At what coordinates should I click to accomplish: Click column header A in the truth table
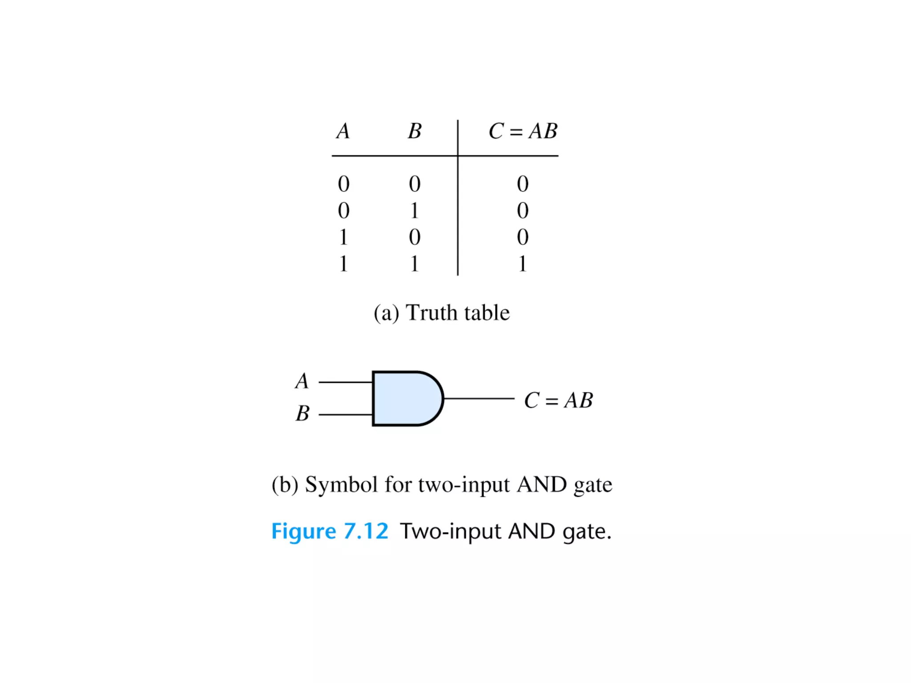point(343,131)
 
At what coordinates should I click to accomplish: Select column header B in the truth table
point(415,131)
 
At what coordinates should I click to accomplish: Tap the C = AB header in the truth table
point(523,131)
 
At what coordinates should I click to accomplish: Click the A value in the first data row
point(343,184)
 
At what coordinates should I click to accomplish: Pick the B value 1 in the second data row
point(415,210)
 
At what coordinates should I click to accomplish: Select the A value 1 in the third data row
point(343,237)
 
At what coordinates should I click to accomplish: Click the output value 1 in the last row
point(523,264)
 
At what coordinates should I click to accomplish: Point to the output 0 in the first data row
point(523,184)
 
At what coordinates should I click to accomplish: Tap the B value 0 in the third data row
point(415,237)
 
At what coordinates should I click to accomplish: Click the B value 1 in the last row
point(415,264)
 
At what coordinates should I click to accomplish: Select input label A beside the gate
point(302,381)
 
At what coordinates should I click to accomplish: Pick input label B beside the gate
point(302,414)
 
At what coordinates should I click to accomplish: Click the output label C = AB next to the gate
point(558,400)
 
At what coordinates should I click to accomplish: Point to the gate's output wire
point(479,398)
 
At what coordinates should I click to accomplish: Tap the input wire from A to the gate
point(346,382)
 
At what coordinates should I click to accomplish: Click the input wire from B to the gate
point(346,414)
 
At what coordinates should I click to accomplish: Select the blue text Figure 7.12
point(330,531)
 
